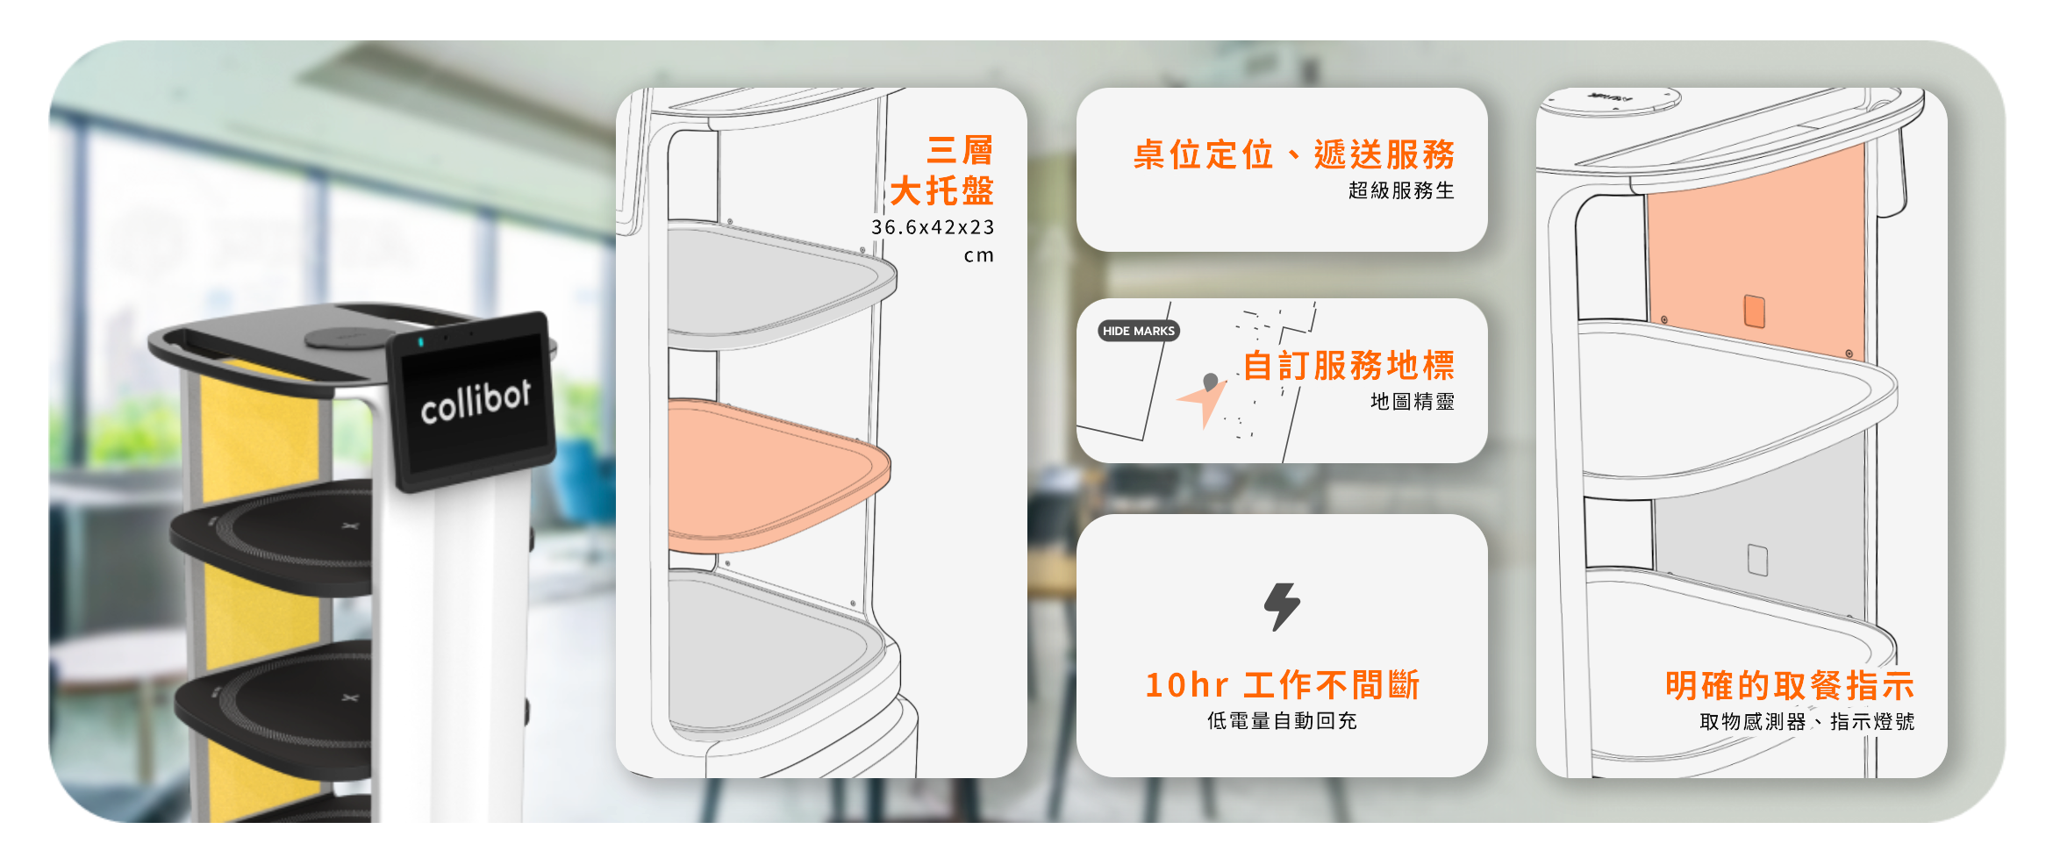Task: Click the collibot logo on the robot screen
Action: [x=476, y=402]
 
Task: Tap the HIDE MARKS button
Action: [x=1138, y=331]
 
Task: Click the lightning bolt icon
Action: [x=1282, y=606]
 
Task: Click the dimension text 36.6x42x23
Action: [x=933, y=227]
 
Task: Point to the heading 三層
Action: [x=960, y=151]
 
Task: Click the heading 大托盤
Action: [x=942, y=190]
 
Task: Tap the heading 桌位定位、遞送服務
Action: [x=1294, y=154]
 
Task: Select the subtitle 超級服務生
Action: [x=1401, y=190]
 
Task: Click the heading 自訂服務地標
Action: [x=1348, y=366]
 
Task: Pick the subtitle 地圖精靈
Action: [x=1413, y=402]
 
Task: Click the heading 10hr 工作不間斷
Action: [x=1283, y=685]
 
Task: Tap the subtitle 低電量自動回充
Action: [x=1282, y=721]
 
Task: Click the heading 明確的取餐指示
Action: [x=1790, y=685]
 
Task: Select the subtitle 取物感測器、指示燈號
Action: [x=1807, y=722]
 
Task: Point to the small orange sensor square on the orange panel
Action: [x=1755, y=311]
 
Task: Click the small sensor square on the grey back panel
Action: [x=1757, y=560]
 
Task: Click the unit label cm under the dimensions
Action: [x=979, y=256]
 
